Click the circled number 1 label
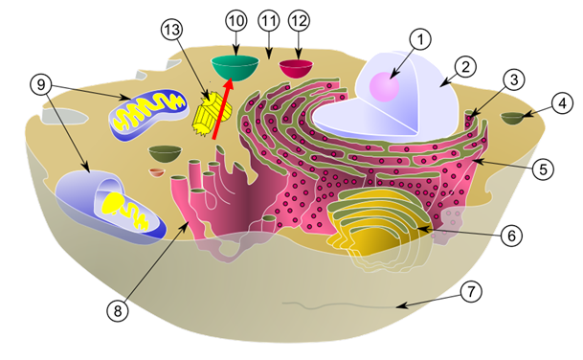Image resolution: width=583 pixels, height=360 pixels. (x=420, y=39)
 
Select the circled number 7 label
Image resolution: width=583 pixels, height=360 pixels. (x=471, y=292)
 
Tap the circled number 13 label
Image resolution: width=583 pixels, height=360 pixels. (x=172, y=30)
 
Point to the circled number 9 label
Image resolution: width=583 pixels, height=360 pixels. (x=41, y=85)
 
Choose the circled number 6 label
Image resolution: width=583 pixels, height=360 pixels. (x=511, y=235)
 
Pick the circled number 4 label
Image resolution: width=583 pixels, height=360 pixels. (x=563, y=103)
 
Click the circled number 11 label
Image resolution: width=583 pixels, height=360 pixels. (x=268, y=21)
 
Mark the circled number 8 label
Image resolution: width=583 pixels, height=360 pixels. (x=118, y=310)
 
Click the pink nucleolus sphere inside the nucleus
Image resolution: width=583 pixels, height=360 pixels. (x=385, y=87)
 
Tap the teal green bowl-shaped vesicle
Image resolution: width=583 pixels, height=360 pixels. (x=235, y=67)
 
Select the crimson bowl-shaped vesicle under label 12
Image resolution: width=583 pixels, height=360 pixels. (x=296, y=68)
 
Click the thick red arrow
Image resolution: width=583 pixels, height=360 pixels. (x=223, y=110)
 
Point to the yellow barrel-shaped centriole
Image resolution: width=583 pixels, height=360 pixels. (x=212, y=114)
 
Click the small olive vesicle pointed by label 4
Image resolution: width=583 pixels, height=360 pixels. (x=513, y=118)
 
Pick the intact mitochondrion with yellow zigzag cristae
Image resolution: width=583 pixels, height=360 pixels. (x=148, y=115)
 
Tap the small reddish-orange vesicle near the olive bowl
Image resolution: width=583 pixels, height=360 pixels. (x=157, y=172)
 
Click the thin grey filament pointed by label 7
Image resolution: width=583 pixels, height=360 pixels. (x=338, y=305)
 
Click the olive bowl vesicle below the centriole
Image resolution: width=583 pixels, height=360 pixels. (x=165, y=153)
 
